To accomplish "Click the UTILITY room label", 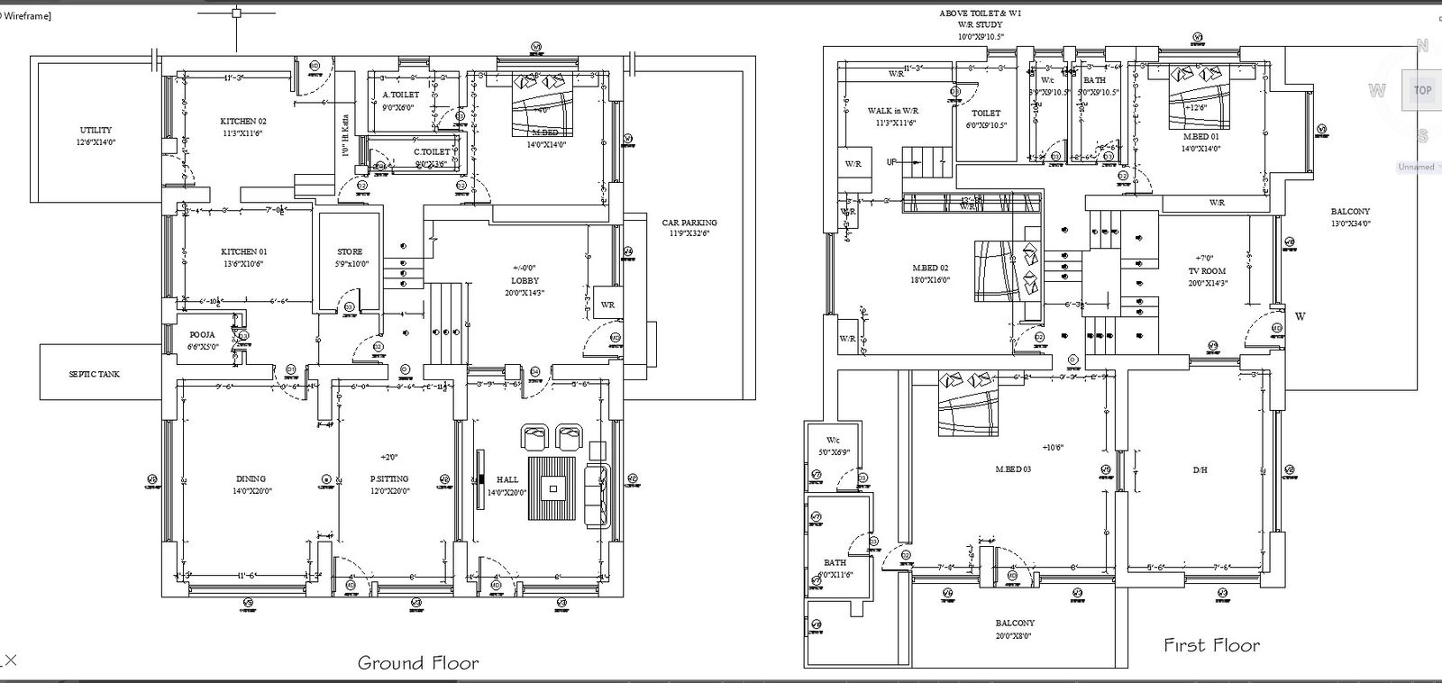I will click(x=96, y=131).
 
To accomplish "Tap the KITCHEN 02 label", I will click(x=243, y=121).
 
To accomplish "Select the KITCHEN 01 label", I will click(x=243, y=252).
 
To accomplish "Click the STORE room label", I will click(x=350, y=252).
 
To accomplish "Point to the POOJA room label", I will click(x=202, y=334).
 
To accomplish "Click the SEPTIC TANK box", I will click(x=94, y=374).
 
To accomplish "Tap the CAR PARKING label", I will click(x=689, y=223).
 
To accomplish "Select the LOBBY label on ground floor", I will click(x=525, y=281).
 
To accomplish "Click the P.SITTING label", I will click(x=389, y=479).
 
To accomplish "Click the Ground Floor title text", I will click(x=418, y=664).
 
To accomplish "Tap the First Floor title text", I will click(x=1211, y=645).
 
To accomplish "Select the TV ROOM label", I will click(x=1208, y=270).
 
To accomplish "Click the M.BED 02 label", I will click(x=930, y=269).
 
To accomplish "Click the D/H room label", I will click(x=1200, y=469).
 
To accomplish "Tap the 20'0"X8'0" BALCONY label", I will click(x=1015, y=624).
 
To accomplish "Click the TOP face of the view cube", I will click(x=1422, y=90).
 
